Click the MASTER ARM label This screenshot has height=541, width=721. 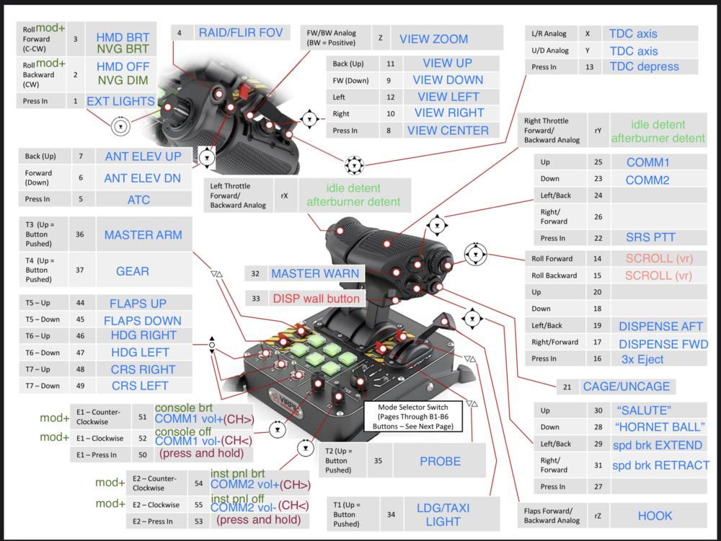click(x=143, y=234)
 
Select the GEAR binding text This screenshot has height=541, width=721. click(x=133, y=271)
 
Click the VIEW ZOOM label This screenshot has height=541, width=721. click(x=433, y=39)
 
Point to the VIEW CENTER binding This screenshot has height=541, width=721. click(x=448, y=131)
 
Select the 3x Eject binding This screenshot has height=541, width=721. click(x=642, y=359)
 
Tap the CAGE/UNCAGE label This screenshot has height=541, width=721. click(x=627, y=386)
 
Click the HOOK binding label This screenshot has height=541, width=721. click(x=655, y=516)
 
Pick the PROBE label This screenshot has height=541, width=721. click(x=440, y=461)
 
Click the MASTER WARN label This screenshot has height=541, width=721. click(x=314, y=273)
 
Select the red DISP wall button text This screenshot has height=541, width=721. click(x=316, y=298)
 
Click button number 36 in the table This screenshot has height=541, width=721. click(x=79, y=234)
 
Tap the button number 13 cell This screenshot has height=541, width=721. click(x=589, y=66)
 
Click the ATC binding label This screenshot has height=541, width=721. click(x=138, y=199)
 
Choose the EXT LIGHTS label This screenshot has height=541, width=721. click(x=120, y=101)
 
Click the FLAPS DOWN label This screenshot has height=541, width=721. click(x=143, y=320)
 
